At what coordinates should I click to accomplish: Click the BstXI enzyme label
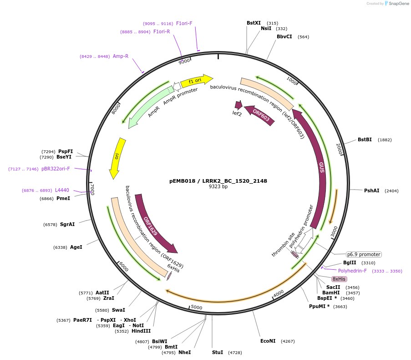coord(254,23)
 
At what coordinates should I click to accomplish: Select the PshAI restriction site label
coord(371,190)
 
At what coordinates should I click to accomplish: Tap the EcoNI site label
coord(268,341)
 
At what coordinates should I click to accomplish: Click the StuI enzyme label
coord(218,352)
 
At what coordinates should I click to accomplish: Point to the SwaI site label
coord(118,310)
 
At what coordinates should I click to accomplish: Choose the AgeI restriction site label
coord(76,247)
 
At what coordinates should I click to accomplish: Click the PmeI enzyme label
coord(63,198)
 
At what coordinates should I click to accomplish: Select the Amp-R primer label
coord(121,56)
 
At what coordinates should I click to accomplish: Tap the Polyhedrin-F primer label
coord(352,271)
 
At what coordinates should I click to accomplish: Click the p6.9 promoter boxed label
coord(364,254)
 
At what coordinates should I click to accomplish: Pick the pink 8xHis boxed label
coord(339,279)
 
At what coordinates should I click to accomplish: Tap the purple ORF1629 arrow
coord(153,223)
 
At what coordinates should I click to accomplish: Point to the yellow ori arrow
coord(117,158)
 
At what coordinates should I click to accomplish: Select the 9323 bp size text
coord(218,187)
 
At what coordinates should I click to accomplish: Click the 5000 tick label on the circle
coord(196,308)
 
